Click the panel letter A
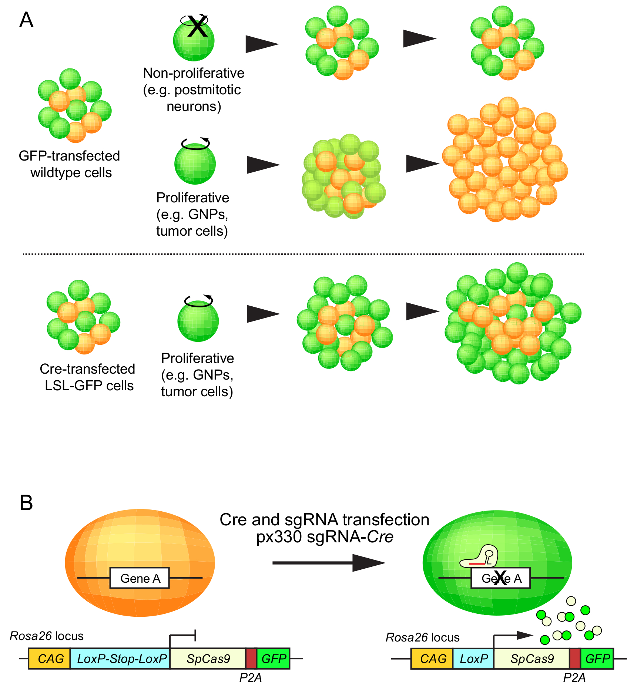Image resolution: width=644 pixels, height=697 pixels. tap(26, 20)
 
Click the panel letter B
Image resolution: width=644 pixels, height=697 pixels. tap(26, 503)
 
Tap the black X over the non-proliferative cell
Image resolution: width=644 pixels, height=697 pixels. tap(197, 26)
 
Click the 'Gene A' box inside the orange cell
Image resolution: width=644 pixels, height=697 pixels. tap(140, 578)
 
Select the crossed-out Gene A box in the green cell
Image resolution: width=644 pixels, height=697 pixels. tap(500, 578)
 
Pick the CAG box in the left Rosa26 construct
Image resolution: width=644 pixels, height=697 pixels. tap(49, 659)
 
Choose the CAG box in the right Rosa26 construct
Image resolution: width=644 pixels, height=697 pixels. tap(432, 659)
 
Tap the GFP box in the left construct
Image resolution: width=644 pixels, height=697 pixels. tap(273, 659)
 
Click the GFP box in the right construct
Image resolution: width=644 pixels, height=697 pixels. tap(597, 659)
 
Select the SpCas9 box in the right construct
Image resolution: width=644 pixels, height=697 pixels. tap(531, 659)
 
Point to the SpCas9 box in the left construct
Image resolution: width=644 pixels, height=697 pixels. tap(208, 659)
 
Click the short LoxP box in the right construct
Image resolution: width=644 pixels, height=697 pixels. tap(473, 659)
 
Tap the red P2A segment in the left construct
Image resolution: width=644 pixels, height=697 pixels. tap(251, 659)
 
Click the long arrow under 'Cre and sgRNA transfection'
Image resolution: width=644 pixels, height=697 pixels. tap(329, 563)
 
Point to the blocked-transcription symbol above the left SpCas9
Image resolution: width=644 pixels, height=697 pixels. tap(182, 639)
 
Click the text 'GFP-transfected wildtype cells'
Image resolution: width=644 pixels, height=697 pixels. tap(70, 164)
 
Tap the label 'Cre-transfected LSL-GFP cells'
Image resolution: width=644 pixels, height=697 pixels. tap(88, 377)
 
